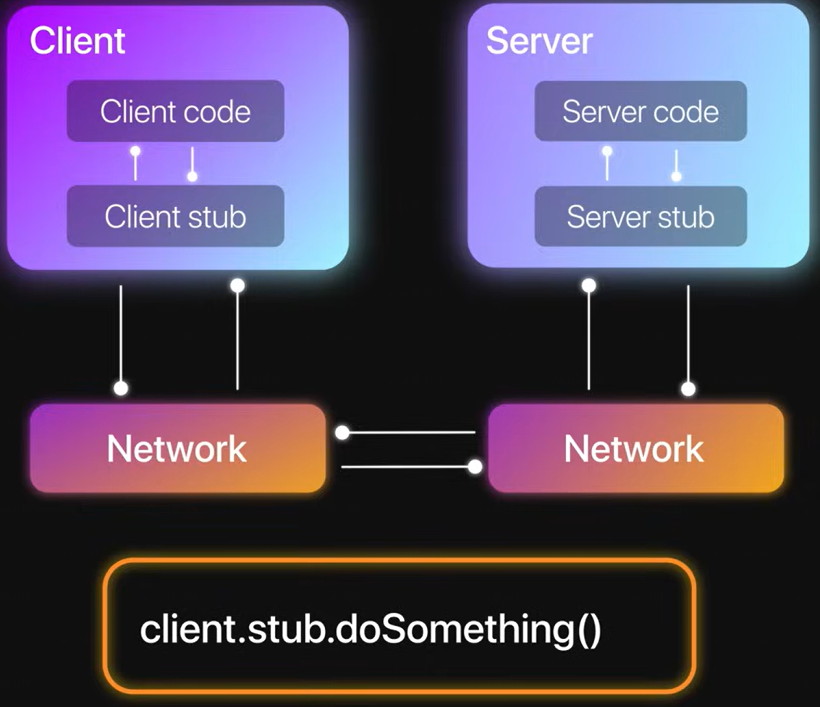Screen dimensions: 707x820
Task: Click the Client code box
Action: [x=175, y=111]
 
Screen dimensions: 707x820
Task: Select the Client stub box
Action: [x=175, y=216]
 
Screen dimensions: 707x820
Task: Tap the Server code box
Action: [x=641, y=111]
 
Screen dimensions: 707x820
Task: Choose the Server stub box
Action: [x=641, y=216]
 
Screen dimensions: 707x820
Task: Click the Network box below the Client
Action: [x=177, y=449]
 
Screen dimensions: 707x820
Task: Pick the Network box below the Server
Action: [x=635, y=449]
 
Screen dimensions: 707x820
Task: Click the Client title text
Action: [x=77, y=41]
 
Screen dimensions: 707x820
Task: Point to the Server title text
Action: [x=539, y=41]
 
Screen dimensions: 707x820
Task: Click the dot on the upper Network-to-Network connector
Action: [x=343, y=433]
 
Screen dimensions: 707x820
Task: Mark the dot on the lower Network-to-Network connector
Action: [x=475, y=467]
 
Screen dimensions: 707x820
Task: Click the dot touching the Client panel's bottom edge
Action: [x=237, y=286]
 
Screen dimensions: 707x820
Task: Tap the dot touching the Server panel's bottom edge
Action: [x=589, y=286]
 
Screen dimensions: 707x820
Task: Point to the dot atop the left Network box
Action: [x=121, y=389]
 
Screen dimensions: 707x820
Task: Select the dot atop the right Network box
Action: [x=688, y=389]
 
